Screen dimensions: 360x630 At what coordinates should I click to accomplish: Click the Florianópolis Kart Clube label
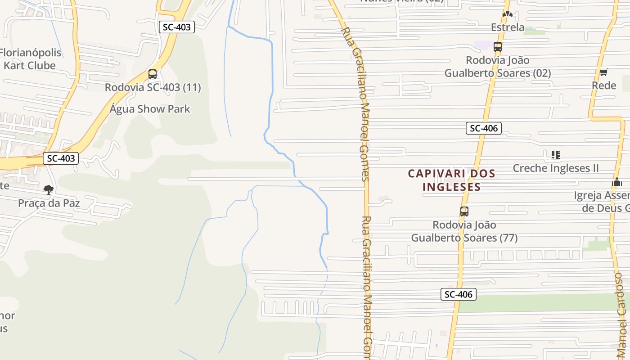point(31,59)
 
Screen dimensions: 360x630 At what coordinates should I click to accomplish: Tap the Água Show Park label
point(150,109)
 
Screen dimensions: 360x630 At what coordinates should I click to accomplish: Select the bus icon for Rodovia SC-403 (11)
point(153,74)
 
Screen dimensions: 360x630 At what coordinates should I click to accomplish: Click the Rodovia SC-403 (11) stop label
point(153,87)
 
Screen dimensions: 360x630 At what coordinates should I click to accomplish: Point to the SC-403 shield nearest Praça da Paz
point(61,158)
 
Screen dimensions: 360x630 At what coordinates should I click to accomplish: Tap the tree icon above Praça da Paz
point(49,190)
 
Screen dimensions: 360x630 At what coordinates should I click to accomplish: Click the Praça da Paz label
point(49,203)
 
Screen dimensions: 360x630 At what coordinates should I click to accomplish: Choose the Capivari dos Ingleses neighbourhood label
point(451,180)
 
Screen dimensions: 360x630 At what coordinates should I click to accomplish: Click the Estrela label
point(508,27)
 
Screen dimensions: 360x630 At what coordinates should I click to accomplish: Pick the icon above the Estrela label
point(508,14)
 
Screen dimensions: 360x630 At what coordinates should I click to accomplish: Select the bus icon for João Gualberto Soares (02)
point(497,47)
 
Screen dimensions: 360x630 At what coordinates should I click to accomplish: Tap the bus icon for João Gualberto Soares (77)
point(464,211)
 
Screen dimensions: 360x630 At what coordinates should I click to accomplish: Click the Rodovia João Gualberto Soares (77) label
point(464,231)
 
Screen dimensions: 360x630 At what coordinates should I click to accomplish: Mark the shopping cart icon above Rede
point(604,72)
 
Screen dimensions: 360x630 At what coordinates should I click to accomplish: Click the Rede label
point(604,85)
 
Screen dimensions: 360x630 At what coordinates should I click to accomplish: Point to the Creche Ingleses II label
point(556,168)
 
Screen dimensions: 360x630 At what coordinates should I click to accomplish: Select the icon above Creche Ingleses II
point(556,155)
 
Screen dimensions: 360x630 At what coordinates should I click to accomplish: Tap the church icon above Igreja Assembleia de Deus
point(617,182)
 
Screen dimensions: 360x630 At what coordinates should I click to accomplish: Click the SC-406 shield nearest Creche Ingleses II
point(484,128)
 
